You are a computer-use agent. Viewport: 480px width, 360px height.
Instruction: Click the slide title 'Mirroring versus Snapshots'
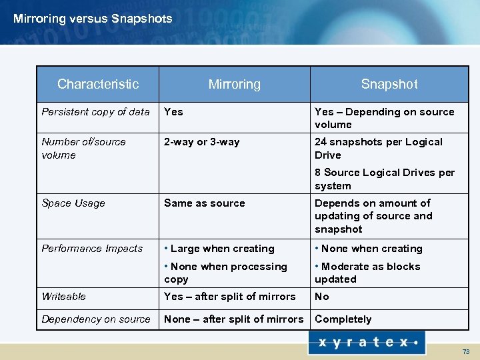93,19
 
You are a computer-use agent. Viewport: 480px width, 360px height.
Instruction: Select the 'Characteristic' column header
98,84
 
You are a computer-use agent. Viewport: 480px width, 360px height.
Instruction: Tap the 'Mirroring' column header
234,84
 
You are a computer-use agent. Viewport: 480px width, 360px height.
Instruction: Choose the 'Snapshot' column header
389,84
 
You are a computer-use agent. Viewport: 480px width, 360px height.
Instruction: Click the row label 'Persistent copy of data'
95,112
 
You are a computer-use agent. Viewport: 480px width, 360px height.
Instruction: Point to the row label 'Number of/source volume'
83,148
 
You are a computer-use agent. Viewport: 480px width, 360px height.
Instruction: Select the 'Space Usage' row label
73,203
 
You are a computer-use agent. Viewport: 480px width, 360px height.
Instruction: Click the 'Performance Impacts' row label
92,249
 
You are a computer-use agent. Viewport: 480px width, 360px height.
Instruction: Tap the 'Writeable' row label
63,297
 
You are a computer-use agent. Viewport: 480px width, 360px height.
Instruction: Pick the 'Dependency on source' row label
96,319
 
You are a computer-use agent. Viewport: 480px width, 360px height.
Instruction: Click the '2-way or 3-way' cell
201,142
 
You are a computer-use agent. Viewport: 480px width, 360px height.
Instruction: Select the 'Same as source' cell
204,203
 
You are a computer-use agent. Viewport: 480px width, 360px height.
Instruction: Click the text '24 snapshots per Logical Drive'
378,148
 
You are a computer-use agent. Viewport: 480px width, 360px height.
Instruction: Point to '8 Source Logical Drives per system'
384,179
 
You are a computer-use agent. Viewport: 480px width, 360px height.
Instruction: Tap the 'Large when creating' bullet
219,249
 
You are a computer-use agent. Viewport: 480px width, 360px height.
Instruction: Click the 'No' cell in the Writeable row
322,297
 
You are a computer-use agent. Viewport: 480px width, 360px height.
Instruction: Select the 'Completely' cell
343,319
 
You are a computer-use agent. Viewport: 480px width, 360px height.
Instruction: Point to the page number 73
466,351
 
